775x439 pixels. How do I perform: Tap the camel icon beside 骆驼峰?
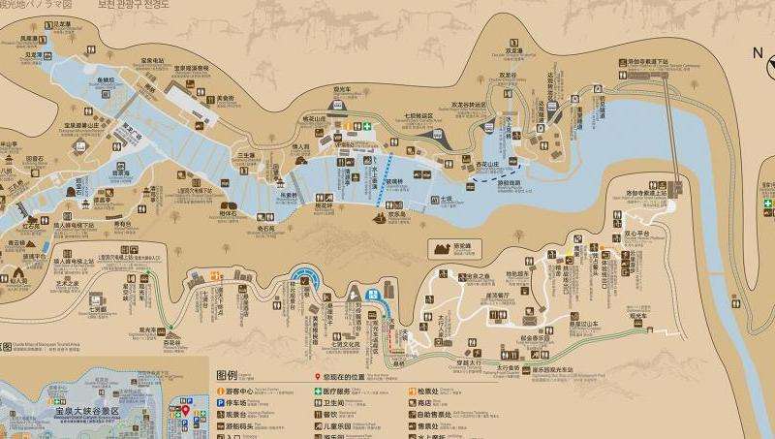(445, 248)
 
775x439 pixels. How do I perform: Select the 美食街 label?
(226, 98)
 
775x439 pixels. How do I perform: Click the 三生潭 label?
(247, 154)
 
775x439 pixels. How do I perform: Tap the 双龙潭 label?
(512, 51)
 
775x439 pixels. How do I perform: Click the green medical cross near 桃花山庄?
(367, 125)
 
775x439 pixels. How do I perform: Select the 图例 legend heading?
(227, 375)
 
